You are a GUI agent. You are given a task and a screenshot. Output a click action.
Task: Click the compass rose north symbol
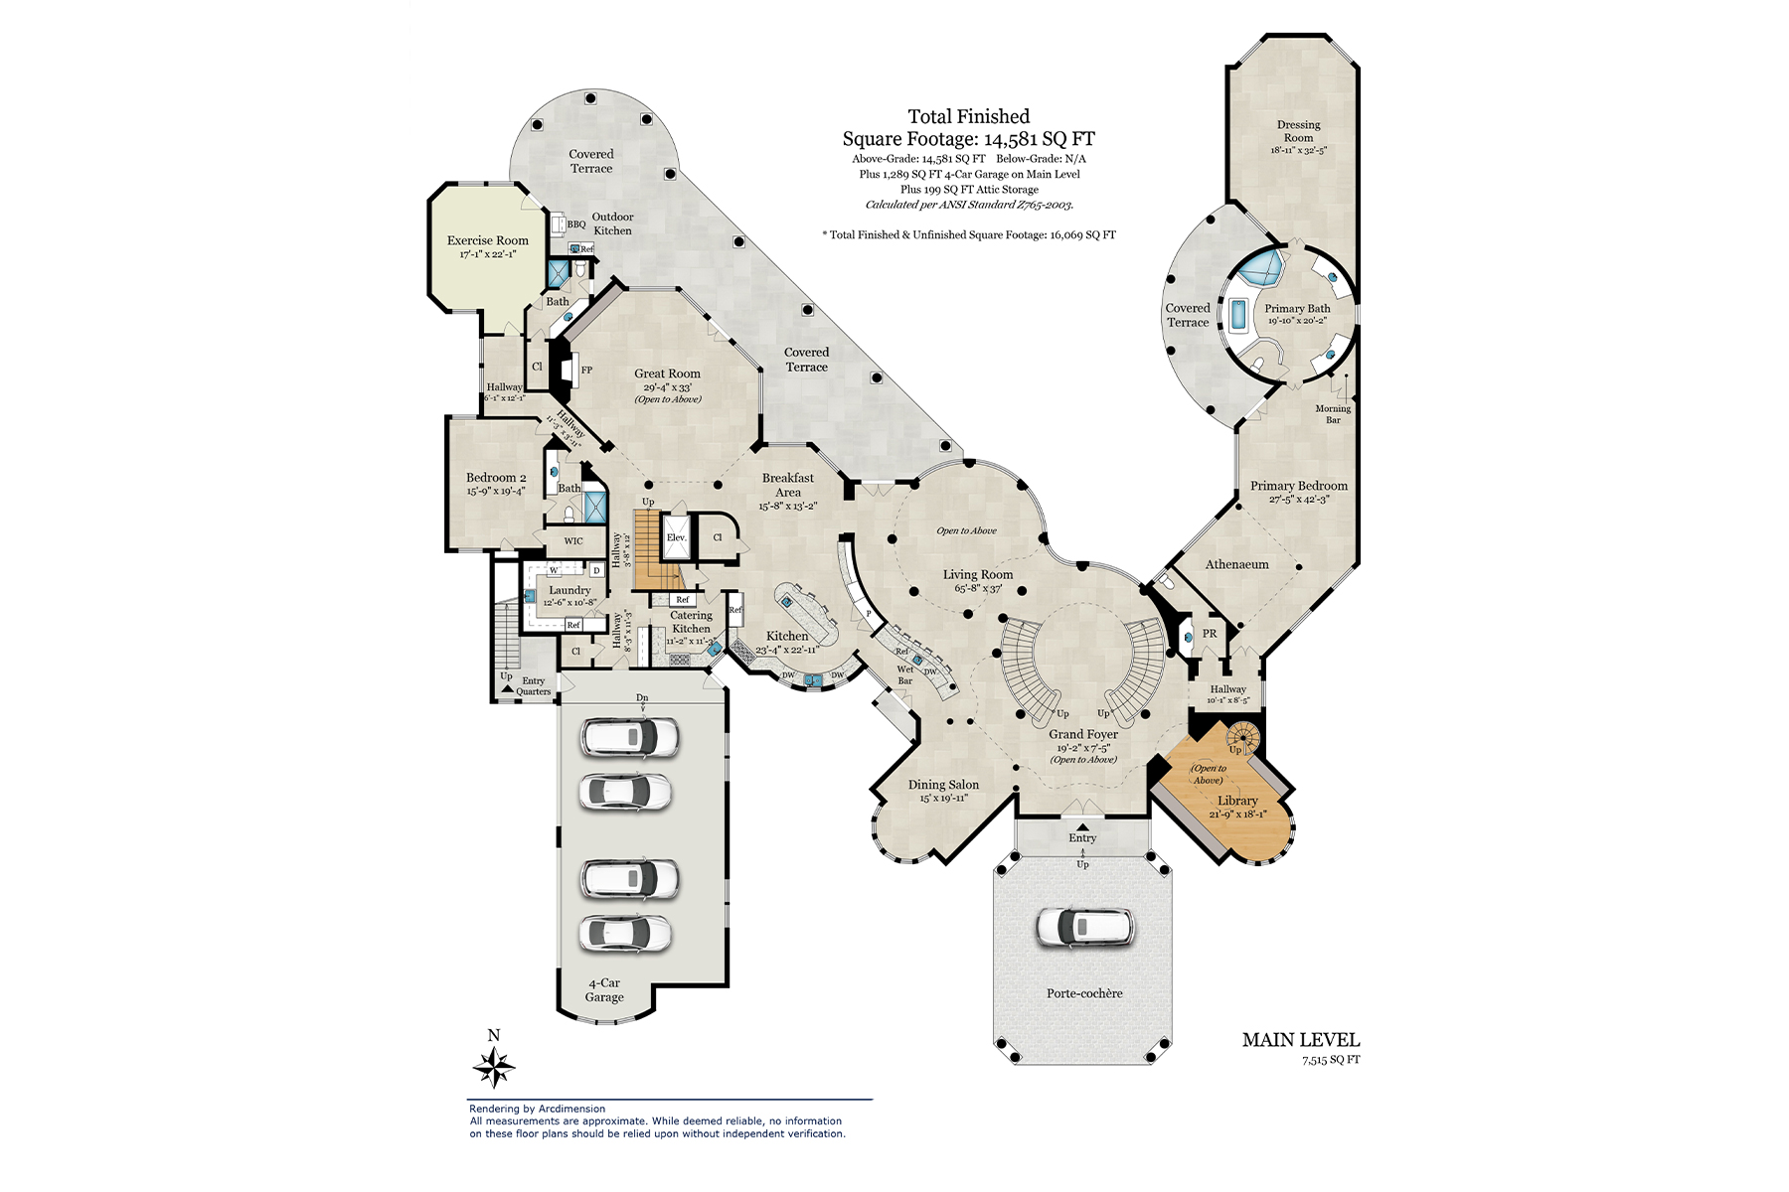coord(494,1067)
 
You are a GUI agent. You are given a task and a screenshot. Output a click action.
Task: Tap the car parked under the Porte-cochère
coord(1083,926)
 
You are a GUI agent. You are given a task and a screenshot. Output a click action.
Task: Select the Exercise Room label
coord(487,240)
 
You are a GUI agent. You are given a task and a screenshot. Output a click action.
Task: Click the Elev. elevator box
coord(677,537)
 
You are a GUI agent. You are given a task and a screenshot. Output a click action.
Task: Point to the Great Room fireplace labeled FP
coord(586,370)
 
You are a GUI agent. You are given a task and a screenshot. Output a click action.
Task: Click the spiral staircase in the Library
coord(1243,737)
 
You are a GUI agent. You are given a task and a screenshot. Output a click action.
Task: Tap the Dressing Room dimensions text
coord(1298,151)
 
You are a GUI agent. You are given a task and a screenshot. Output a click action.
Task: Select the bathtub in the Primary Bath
coord(1238,316)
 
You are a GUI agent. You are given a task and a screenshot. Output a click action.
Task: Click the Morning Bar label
coord(1333,414)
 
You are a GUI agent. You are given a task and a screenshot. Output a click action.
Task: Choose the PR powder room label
coord(1210,634)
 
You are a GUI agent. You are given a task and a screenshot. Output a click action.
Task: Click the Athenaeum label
coord(1236,564)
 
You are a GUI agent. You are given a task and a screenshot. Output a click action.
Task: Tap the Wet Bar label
coord(905,674)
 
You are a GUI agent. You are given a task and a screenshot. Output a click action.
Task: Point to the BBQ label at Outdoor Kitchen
coord(576,224)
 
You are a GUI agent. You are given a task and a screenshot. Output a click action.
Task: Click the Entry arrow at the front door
coord(1082,826)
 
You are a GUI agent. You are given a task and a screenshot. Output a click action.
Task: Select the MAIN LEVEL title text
coord(1300,1040)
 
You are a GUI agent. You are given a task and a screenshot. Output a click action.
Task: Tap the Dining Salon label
coord(943,785)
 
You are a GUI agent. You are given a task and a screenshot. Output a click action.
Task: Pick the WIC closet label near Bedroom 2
coord(573,541)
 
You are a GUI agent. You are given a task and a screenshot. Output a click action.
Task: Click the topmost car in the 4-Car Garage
coord(630,737)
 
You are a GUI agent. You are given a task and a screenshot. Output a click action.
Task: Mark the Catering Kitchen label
coord(691,622)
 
